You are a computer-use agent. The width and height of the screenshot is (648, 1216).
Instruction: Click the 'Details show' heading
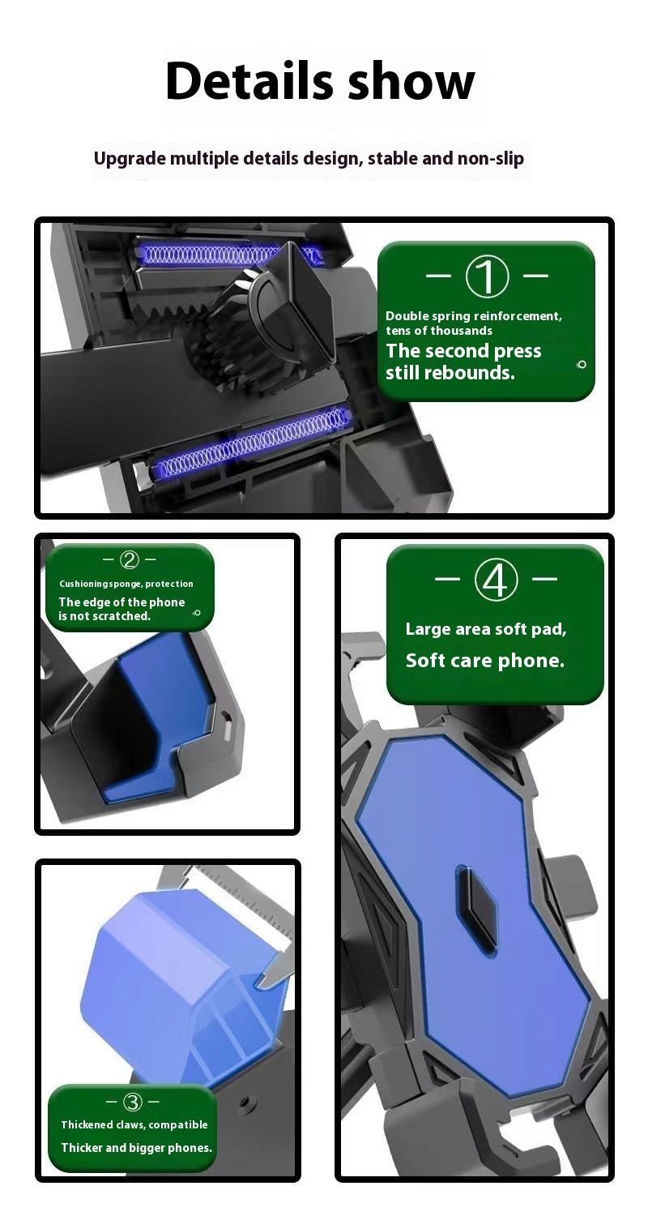(x=320, y=81)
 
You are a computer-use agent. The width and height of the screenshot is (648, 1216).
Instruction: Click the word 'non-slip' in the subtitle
(x=491, y=159)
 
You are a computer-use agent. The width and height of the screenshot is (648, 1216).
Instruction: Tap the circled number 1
(x=487, y=276)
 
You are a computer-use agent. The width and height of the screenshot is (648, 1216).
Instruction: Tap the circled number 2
(x=130, y=559)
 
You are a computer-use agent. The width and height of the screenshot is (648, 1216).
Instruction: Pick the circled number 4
(x=496, y=580)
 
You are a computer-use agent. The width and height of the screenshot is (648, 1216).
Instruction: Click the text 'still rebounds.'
(x=450, y=373)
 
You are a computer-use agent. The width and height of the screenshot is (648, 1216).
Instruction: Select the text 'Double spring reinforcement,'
(x=473, y=316)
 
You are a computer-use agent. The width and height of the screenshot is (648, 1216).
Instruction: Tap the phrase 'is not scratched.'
(x=104, y=616)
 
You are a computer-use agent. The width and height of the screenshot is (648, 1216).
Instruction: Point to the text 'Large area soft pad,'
(x=486, y=629)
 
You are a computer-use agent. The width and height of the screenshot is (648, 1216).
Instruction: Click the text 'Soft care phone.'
(x=484, y=660)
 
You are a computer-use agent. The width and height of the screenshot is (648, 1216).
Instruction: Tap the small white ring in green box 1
(x=582, y=365)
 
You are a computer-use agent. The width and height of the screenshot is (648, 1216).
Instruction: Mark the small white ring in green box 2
(x=198, y=613)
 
